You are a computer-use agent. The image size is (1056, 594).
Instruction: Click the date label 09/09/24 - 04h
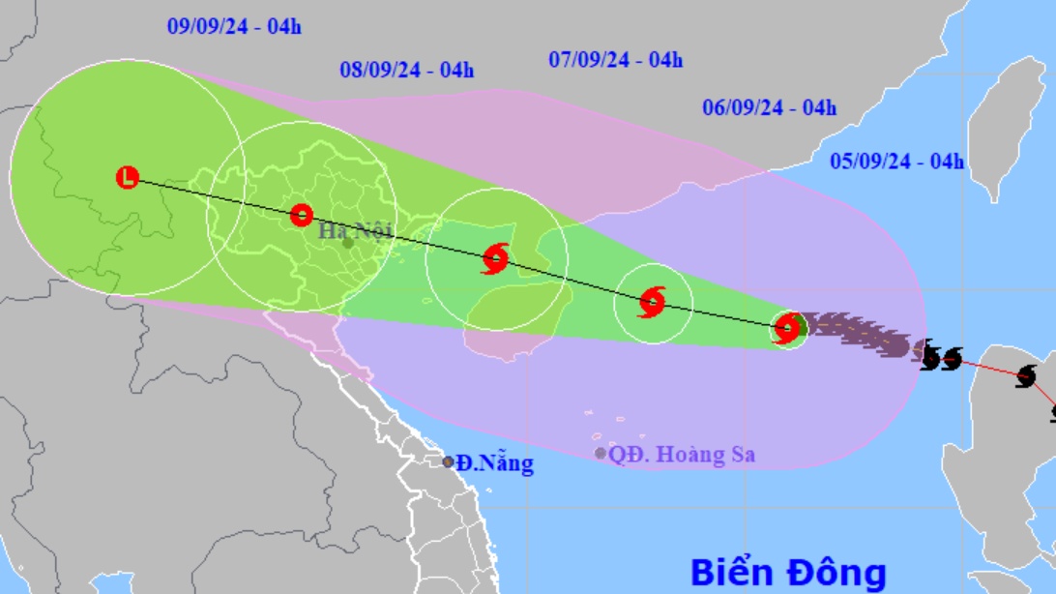[x=234, y=27]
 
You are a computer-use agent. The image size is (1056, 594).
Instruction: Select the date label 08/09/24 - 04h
[x=407, y=70]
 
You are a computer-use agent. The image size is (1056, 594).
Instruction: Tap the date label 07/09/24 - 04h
[x=616, y=60]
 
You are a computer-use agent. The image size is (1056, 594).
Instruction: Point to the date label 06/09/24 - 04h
[x=770, y=108]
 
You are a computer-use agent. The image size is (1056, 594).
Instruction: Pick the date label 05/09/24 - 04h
[x=896, y=162]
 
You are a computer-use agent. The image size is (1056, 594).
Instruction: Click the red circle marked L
[x=128, y=177]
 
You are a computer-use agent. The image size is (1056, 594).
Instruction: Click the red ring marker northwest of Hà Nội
[x=302, y=215]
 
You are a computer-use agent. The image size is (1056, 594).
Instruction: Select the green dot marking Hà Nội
[x=347, y=243]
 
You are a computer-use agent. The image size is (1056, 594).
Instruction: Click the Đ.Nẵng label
[x=494, y=463]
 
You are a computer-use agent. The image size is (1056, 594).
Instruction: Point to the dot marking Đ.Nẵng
[x=448, y=462]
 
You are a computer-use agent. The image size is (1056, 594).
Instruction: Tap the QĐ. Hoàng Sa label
[x=682, y=454]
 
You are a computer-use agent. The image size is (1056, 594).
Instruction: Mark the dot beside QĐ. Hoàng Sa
[x=601, y=453]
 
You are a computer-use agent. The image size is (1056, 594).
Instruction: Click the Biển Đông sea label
[x=788, y=572]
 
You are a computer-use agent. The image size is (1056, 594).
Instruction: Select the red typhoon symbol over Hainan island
[x=495, y=258]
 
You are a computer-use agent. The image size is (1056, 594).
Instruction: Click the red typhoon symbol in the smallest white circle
[x=653, y=303]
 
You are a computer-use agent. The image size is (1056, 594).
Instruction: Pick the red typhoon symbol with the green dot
[x=788, y=329]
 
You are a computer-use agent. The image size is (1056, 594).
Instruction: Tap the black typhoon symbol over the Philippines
[x=1026, y=375]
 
